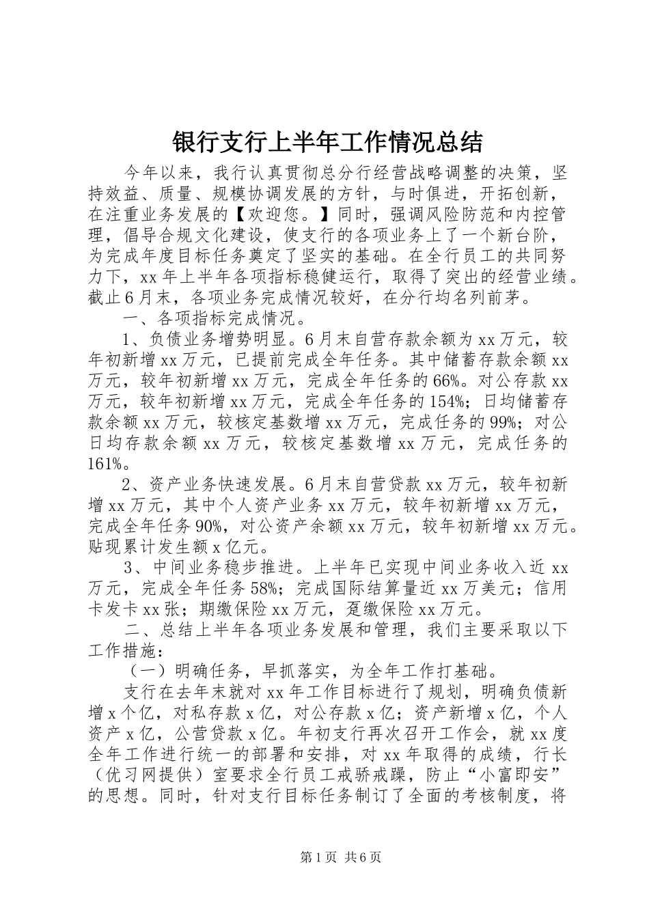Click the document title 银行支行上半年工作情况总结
327,142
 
